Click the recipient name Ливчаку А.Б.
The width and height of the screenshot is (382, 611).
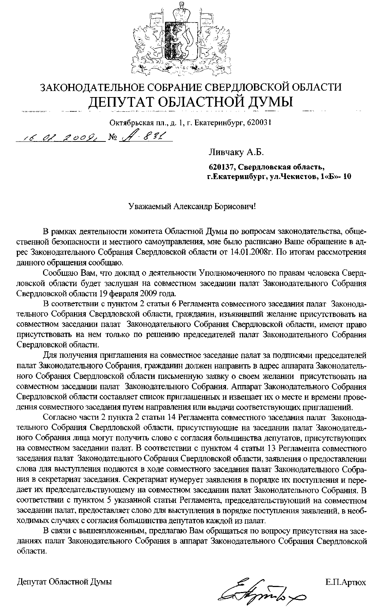click(236, 153)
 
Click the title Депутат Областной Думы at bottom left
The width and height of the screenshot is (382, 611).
click(65, 582)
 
